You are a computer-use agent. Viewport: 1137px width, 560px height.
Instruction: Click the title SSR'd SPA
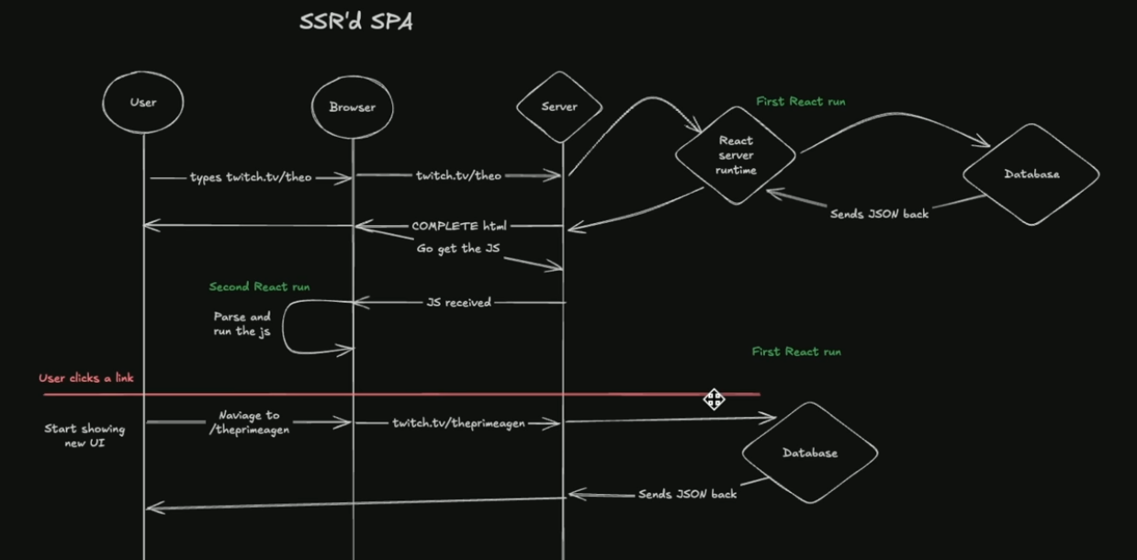tap(355, 22)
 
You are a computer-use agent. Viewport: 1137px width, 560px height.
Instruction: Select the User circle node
tap(142, 102)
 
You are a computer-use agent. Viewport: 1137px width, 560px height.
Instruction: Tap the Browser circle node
tap(352, 107)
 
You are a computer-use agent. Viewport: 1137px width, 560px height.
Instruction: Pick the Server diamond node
tap(558, 106)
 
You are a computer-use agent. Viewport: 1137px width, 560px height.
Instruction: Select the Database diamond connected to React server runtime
tap(1030, 174)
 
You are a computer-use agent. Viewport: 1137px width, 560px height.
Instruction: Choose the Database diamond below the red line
tap(809, 453)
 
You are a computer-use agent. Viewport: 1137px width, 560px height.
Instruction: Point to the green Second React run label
tap(259, 286)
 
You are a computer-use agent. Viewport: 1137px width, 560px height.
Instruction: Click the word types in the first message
tap(206, 177)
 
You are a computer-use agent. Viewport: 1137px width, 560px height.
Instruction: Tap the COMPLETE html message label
tap(458, 226)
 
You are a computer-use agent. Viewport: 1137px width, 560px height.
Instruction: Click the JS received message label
tap(458, 302)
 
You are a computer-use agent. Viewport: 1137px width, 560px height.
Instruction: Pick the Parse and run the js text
tap(242, 324)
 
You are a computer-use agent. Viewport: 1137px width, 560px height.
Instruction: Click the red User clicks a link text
tap(86, 378)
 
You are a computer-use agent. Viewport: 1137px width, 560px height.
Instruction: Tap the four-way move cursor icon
tap(714, 398)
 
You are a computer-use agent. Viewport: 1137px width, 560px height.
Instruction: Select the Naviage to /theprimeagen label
tap(249, 422)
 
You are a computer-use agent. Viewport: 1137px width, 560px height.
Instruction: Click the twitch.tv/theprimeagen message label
tap(458, 423)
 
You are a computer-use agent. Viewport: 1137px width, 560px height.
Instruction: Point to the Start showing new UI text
tap(84, 435)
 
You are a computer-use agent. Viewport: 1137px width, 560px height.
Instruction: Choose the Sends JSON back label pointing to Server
tap(687, 494)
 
